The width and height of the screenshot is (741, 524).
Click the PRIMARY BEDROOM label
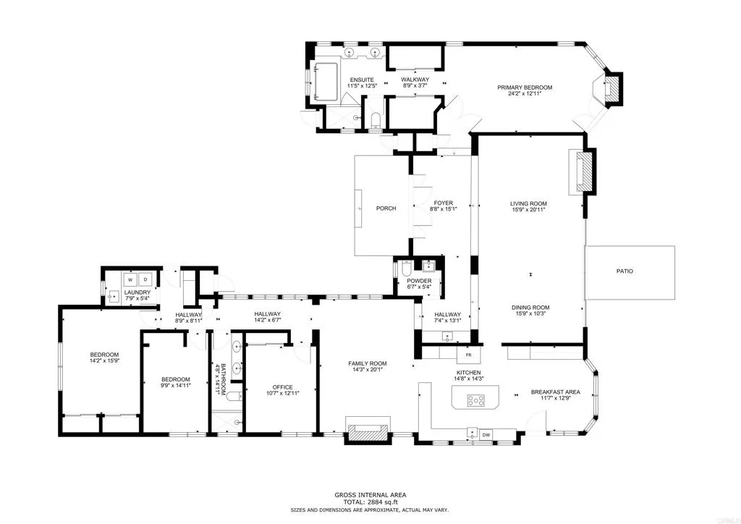pos(524,88)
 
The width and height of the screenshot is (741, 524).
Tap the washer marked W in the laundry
pos(130,279)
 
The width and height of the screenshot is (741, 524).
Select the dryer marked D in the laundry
pos(145,279)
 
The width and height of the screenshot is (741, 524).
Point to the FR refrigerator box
pos(468,355)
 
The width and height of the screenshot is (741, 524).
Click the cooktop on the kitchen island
pos(478,400)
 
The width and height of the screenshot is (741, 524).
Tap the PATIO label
pos(624,271)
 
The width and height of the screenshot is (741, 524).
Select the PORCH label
pos(386,208)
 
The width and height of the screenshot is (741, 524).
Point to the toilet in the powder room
pos(407,270)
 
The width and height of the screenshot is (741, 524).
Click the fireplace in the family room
pos(368,431)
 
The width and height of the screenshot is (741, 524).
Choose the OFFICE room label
pos(281,386)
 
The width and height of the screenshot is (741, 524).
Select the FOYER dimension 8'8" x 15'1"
pos(442,209)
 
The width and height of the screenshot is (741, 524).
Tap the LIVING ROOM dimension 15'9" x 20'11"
pos(528,210)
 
